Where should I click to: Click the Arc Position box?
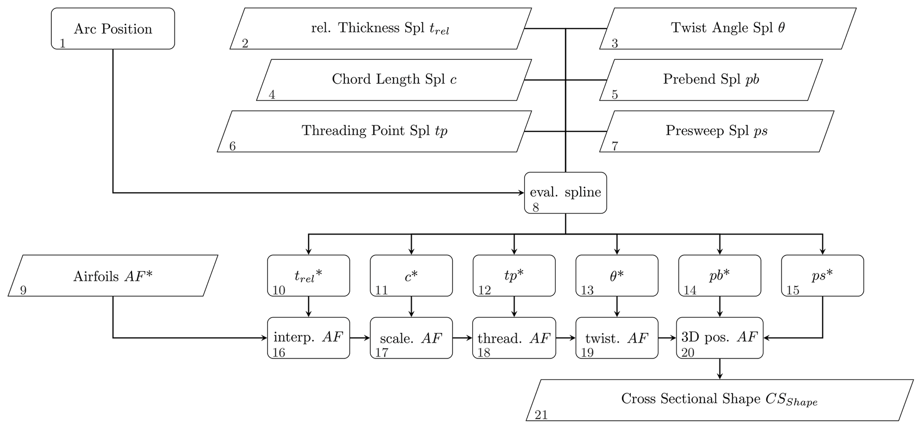click(113, 29)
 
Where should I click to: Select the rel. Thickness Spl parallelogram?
click(380, 29)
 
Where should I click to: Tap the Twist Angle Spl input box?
click(728, 29)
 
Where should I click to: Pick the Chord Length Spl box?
click(394, 80)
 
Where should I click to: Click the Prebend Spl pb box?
click(711, 80)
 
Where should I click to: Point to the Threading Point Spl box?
click(374, 131)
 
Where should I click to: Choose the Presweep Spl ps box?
click(716, 131)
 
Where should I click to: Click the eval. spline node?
click(565, 193)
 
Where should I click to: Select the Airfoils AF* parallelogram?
click(113, 276)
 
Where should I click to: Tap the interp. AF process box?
click(308, 338)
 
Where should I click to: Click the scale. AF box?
click(411, 338)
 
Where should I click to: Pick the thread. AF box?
click(514, 338)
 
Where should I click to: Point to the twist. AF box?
click(616, 338)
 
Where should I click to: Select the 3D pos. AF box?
click(719, 338)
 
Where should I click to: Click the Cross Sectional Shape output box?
click(719, 400)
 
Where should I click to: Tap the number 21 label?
click(541, 415)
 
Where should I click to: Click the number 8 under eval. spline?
click(536, 208)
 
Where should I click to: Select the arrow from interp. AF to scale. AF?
click(360, 338)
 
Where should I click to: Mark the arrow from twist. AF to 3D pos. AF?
click(667, 338)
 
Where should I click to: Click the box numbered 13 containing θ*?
click(616, 276)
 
